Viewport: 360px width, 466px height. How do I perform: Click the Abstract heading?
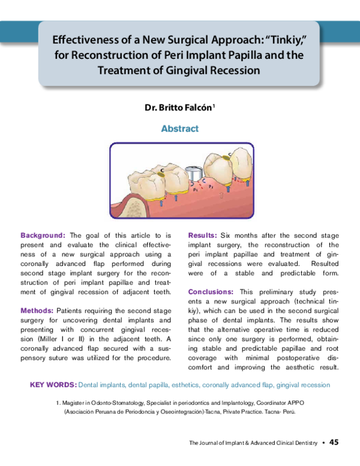[x=180, y=129]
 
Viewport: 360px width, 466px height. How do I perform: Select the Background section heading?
[x=43, y=235]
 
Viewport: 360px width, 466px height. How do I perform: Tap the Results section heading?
[x=202, y=235]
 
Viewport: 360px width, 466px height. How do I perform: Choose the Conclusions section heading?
[x=210, y=292]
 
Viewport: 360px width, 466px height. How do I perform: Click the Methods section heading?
[x=37, y=310]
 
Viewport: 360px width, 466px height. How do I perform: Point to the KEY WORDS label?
[x=52, y=384]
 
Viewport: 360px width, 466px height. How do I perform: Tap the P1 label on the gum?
[x=196, y=188]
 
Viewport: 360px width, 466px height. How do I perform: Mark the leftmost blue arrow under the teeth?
[x=160, y=202]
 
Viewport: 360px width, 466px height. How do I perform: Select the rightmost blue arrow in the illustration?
[x=247, y=183]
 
